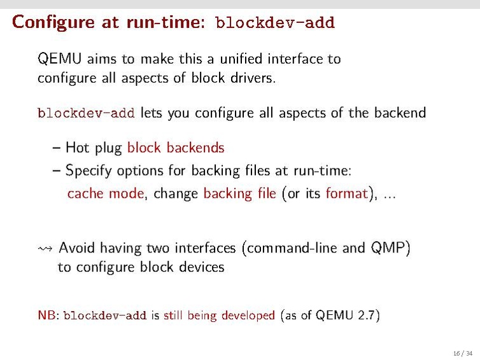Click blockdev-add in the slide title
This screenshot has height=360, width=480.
[275, 24]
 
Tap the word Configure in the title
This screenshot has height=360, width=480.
[48, 23]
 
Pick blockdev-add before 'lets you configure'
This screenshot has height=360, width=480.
[86, 114]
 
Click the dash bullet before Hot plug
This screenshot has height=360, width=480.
[56, 148]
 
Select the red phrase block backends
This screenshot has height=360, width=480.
[176, 148]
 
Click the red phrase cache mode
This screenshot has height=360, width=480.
[105, 193]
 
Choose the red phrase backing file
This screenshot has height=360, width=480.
[239, 193]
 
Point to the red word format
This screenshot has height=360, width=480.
[346, 193]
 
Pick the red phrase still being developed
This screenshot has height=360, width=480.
[219, 315]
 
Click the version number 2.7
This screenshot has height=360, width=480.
[366, 315]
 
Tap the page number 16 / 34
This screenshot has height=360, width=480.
[463, 353]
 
